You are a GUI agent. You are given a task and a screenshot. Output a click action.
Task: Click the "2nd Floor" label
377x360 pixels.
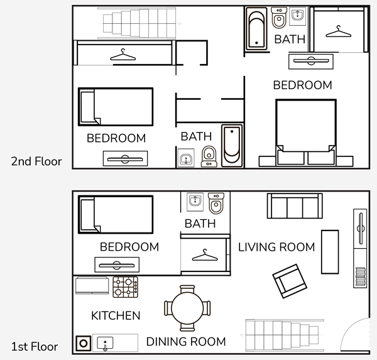click(36, 161)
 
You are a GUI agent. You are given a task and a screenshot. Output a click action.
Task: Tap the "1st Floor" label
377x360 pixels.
click(35, 347)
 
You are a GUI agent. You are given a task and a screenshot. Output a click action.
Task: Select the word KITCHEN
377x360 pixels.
click(116, 315)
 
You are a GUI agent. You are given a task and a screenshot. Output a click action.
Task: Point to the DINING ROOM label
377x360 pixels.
click(186, 342)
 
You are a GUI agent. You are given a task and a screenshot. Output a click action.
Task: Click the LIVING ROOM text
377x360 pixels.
click(276, 247)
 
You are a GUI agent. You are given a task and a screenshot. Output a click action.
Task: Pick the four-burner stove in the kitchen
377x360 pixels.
click(125, 287)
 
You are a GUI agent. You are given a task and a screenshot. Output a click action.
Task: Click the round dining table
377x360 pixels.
click(187, 308)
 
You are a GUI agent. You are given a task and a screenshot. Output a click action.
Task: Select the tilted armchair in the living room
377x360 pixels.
click(290, 281)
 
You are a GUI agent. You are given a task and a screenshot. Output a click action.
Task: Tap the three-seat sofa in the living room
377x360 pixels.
click(295, 206)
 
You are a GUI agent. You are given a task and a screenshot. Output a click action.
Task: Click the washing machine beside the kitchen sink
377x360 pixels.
click(84, 343)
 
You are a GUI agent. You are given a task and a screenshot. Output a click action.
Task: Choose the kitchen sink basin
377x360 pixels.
click(105, 343)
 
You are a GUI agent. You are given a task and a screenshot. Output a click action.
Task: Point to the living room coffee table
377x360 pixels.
click(330, 252)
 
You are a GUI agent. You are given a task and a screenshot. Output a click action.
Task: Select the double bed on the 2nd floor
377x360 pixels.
click(306, 133)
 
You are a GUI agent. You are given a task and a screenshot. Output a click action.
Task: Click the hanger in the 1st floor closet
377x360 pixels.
click(205, 256)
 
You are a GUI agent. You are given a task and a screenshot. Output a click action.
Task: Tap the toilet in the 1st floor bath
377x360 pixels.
click(216, 203)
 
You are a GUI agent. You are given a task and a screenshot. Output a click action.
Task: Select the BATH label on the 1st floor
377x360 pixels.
click(200, 224)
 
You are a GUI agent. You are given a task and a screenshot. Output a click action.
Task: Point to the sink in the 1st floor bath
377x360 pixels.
click(195, 201)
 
